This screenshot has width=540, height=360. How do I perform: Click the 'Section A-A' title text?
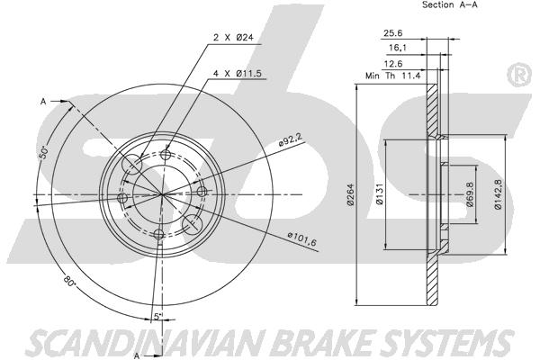coord(450,4)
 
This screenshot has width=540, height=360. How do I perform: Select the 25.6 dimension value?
coord(393,33)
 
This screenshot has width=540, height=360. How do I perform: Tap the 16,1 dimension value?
coord(398,48)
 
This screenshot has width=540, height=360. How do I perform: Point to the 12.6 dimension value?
coord(393,64)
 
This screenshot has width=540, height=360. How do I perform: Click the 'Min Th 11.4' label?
coord(393,76)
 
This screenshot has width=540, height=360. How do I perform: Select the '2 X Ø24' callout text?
coord(233,38)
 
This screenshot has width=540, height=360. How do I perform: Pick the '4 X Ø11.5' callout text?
coord(238,74)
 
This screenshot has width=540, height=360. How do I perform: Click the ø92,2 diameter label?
coord(291,139)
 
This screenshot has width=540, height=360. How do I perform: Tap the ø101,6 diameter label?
coord(301,238)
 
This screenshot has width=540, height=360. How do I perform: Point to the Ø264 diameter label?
coord(351,196)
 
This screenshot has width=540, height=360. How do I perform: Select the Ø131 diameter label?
coord(380,195)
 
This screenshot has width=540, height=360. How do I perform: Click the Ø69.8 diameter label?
coord(471,194)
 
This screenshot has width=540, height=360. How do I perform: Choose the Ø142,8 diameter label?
coord(498,194)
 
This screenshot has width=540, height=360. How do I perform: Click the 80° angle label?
coord(69,280)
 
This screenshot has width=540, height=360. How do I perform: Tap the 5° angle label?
coord(157,316)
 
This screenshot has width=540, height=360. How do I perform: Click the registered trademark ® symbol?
coord(519,76)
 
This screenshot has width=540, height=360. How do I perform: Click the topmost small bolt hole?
coord(166,154)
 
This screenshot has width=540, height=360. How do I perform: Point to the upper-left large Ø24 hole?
coord(132,164)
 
